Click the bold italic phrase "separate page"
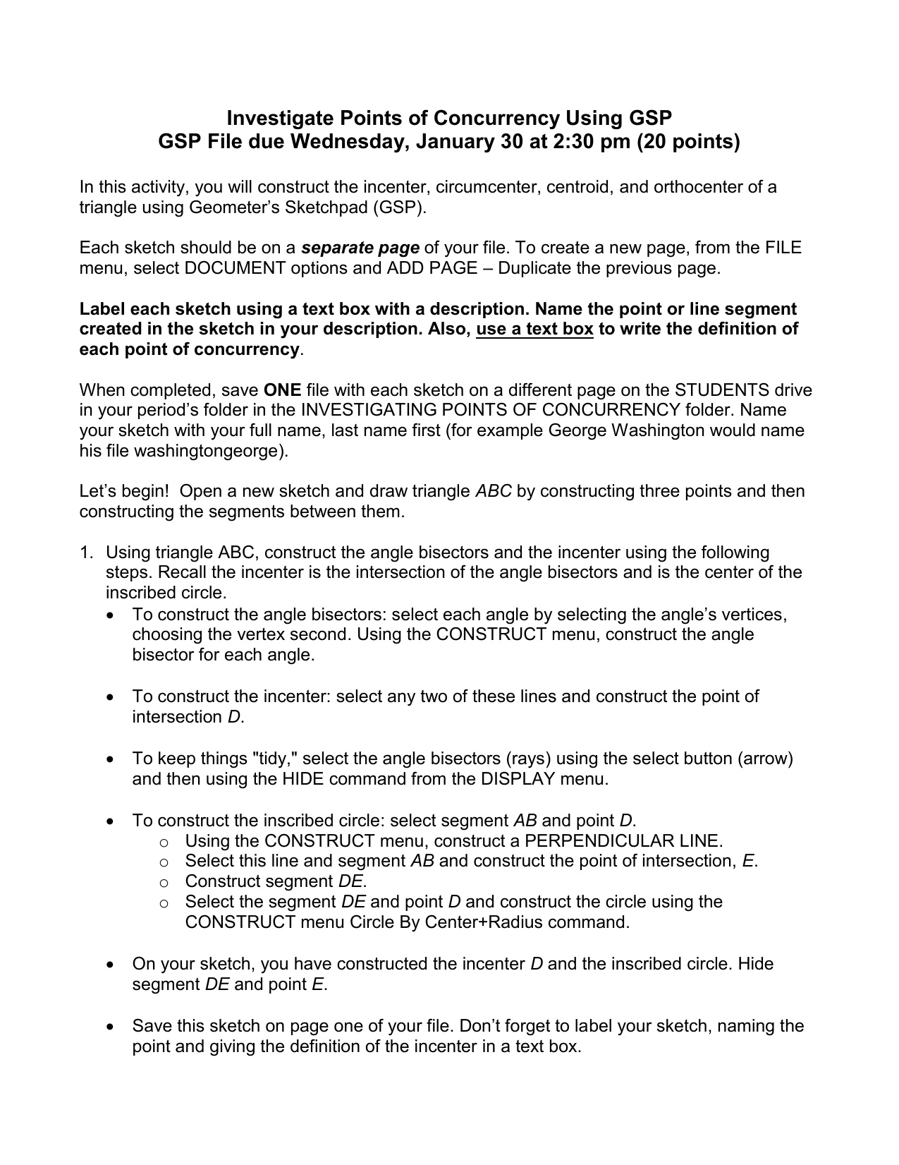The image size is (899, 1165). tap(360, 248)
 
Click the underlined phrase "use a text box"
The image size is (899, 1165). tap(534, 330)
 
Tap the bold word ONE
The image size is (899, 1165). tap(282, 390)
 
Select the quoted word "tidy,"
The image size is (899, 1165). tap(275, 759)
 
